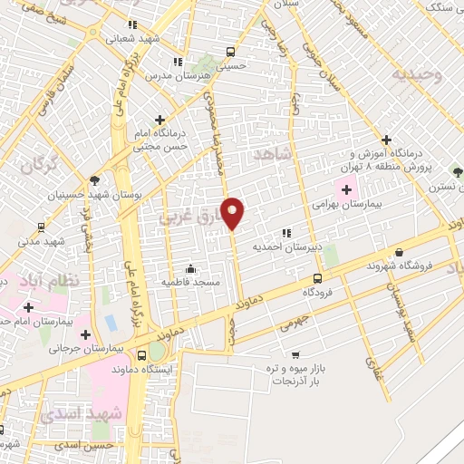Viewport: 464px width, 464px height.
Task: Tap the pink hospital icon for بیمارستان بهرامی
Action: pos(346,189)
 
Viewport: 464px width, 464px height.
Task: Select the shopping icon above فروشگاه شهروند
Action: pos(398,253)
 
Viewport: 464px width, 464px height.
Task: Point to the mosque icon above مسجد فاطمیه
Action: pos(191,269)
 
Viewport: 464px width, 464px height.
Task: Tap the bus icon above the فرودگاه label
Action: pos(316,279)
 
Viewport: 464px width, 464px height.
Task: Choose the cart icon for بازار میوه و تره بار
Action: pos(295,355)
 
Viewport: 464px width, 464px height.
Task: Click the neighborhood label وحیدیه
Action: pos(418,75)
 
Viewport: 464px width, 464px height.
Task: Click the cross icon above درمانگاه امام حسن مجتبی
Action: pos(160,119)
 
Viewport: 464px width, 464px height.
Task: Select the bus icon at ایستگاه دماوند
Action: pos(140,356)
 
